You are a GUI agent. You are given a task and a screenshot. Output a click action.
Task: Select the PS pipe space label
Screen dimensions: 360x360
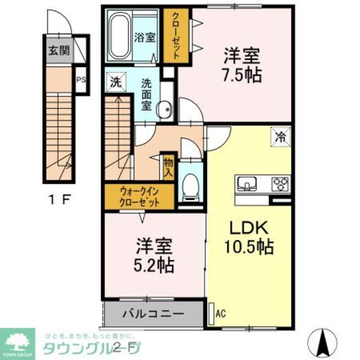[x=80, y=78]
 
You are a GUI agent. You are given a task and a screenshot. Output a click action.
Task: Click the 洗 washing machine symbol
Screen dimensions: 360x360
[x=116, y=81]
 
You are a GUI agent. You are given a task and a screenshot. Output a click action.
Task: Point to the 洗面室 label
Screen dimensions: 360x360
[x=146, y=94]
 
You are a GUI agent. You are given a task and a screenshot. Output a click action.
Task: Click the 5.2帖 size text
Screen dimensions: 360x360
[x=155, y=265]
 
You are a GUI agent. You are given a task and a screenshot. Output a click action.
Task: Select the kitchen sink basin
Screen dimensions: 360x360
[x=247, y=182]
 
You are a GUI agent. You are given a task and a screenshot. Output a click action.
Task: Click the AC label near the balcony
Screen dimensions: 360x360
[x=220, y=313]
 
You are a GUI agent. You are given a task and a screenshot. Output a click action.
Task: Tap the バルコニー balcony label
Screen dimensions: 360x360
[x=153, y=313]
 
